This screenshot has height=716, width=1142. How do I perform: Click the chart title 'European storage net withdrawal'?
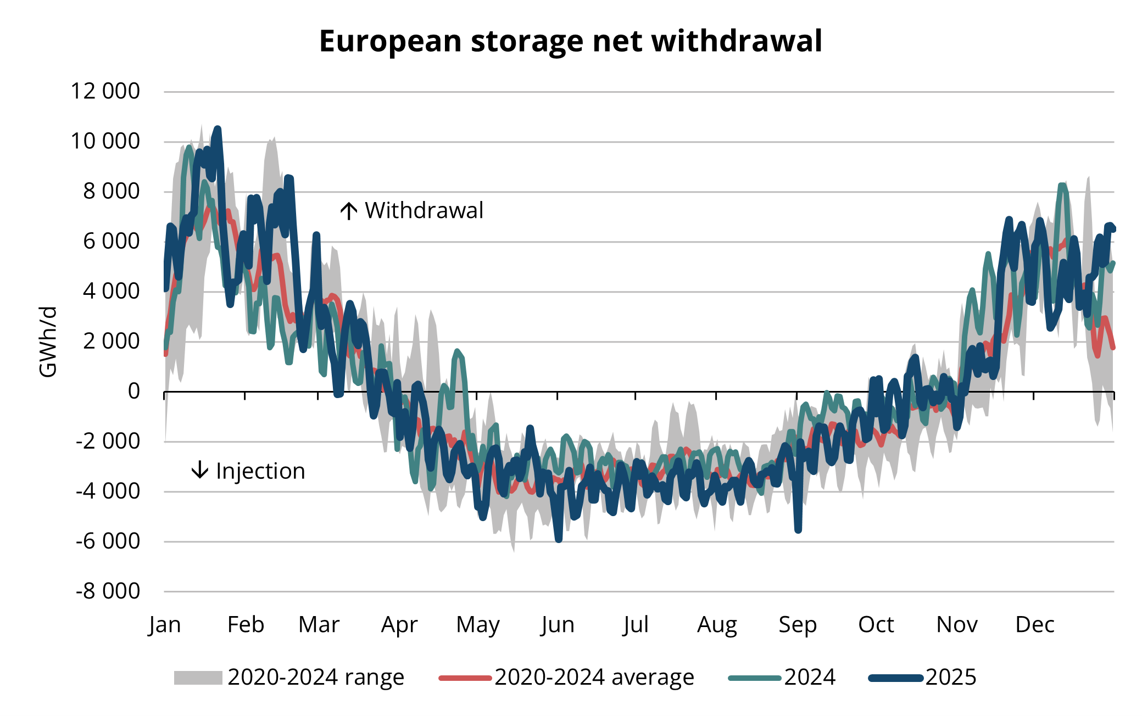570,41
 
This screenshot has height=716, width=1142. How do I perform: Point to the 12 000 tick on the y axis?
105,91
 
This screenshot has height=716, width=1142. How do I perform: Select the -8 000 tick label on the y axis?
108,591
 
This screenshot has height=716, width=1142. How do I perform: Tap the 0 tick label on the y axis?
133,391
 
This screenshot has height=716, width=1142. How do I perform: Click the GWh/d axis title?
48,342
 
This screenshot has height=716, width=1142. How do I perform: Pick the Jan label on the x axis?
164,625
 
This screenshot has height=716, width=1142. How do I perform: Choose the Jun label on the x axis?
558,625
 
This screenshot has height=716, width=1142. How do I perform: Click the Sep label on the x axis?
797,625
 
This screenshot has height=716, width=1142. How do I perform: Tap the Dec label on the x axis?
1034,625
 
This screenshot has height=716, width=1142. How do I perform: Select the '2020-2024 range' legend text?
316,678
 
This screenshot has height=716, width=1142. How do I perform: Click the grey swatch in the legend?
198,678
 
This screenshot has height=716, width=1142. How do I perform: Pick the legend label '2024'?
810,678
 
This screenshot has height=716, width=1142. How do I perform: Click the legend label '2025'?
951,678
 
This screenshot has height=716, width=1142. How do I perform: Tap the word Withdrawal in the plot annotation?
424,211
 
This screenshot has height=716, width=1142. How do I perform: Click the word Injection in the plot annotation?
260,471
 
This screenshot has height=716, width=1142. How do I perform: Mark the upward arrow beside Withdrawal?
349,211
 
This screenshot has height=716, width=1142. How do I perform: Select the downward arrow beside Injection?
200,470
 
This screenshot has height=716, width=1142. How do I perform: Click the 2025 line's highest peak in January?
218,129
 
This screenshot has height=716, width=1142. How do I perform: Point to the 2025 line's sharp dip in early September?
798,530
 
